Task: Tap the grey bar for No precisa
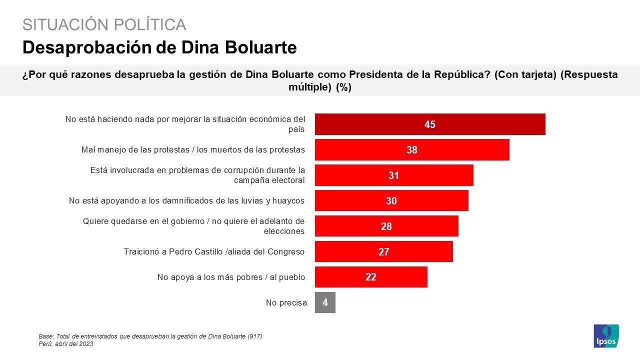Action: pyautogui.click(x=325, y=302)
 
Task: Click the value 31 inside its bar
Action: pyautogui.click(x=394, y=175)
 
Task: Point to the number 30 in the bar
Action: pyautogui.click(x=391, y=201)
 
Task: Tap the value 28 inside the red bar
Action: pyautogui.click(x=386, y=226)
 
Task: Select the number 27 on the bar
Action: pyautogui.click(x=383, y=252)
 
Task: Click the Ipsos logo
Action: pyautogui.click(x=606, y=336)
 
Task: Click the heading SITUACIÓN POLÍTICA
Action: pyautogui.click(x=104, y=24)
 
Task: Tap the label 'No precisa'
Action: pyautogui.click(x=286, y=302)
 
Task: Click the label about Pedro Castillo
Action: pyautogui.click(x=214, y=251)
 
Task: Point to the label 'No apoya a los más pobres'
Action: pyautogui.click(x=231, y=277)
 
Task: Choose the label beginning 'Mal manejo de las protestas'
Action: pyautogui.click(x=193, y=149)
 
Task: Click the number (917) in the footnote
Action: pyautogui.click(x=254, y=336)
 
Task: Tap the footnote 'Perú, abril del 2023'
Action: pyautogui.click(x=65, y=344)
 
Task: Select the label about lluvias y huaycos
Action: pyautogui.click(x=186, y=200)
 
